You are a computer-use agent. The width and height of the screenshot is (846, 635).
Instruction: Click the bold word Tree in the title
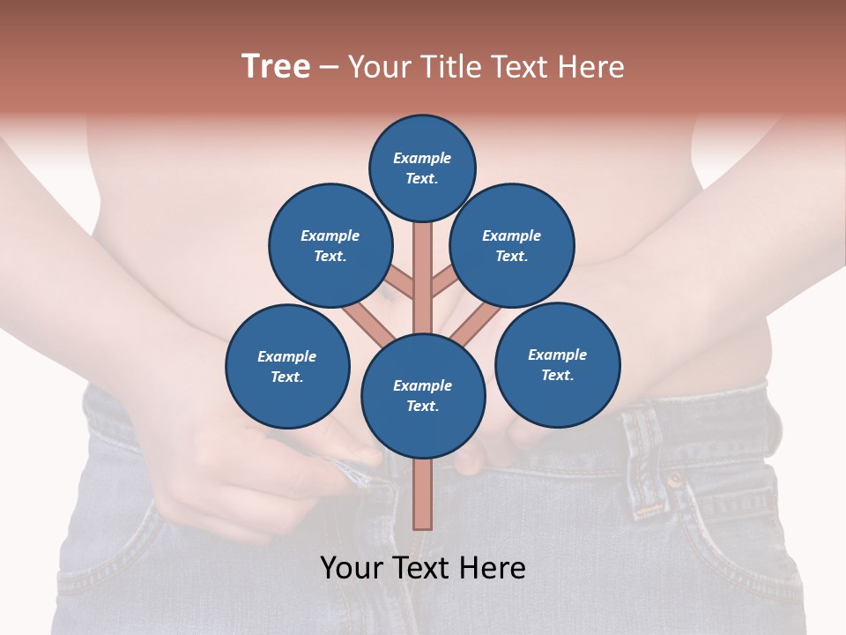[276, 67]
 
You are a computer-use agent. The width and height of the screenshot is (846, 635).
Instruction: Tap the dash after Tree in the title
[329, 68]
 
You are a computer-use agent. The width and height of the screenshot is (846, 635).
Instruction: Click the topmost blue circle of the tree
[422, 168]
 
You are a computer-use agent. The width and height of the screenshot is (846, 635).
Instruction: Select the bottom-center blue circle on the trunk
[423, 396]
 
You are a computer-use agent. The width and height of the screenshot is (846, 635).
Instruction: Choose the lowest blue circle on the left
[287, 366]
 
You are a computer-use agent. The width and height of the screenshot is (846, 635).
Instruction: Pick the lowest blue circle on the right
[557, 364]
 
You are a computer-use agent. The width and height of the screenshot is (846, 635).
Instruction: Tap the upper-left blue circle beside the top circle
[330, 245]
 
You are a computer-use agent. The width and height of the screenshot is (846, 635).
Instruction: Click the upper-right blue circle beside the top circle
[512, 245]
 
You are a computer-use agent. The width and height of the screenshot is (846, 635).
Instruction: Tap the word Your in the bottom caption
[352, 568]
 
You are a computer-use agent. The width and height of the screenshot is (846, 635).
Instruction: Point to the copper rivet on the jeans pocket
[675, 481]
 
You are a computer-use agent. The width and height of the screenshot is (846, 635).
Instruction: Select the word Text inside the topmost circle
[422, 178]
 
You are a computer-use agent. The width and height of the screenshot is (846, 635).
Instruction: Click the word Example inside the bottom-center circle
[422, 385]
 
